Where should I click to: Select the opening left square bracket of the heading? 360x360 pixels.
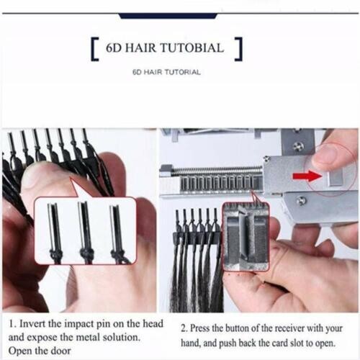[x=95, y=50]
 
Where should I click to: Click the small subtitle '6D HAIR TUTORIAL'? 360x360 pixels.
[x=166, y=72]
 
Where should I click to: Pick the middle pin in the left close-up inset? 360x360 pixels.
[x=85, y=230]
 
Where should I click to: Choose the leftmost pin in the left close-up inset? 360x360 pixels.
[x=53, y=230]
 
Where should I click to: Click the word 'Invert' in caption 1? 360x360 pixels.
[x=33, y=323]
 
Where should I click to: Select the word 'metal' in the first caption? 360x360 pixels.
[x=91, y=336]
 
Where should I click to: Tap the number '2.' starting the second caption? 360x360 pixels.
[x=184, y=324]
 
